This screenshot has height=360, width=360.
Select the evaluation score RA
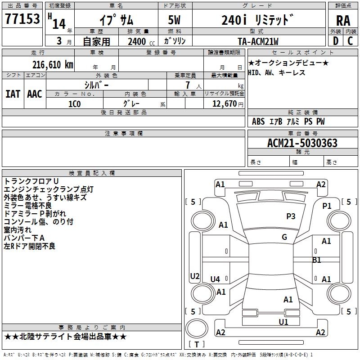[x=343, y=20]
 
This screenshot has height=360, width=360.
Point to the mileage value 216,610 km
[x=53, y=64]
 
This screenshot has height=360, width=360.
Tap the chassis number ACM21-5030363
[x=302, y=143]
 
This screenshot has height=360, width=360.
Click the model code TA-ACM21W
[x=258, y=41]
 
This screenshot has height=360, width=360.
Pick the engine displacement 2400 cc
[x=139, y=41]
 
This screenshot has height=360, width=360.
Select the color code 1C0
[x=74, y=103]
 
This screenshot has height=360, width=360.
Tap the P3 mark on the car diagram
[x=291, y=216]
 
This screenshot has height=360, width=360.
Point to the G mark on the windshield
[x=284, y=237]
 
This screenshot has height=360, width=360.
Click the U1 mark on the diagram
[x=283, y=322]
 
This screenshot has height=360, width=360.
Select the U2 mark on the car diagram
[x=194, y=276]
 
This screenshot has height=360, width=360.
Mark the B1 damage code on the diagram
[x=317, y=260]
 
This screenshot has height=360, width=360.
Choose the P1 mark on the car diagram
[x=327, y=206]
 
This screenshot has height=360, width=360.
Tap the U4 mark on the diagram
[x=216, y=279]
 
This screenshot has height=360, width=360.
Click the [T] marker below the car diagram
[x=196, y=344]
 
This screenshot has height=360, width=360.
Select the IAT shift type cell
[x=13, y=94]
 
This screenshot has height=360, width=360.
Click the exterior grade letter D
[x=335, y=41]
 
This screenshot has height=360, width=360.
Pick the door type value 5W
[x=174, y=20]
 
